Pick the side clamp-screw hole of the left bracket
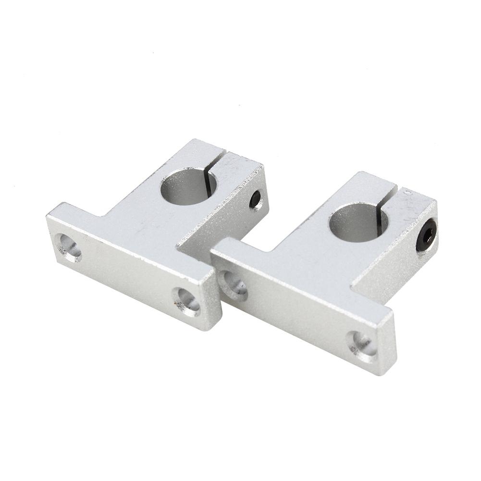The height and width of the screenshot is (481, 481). pyautogui.click(x=255, y=199)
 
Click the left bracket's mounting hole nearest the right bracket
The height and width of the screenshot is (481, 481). pyautogui.click(x=187, y=301)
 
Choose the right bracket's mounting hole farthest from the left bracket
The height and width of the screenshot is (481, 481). pyautogui.click(x=362, y=345)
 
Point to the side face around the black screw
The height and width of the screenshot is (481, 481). pyautogui.click(x=408, y=255)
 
